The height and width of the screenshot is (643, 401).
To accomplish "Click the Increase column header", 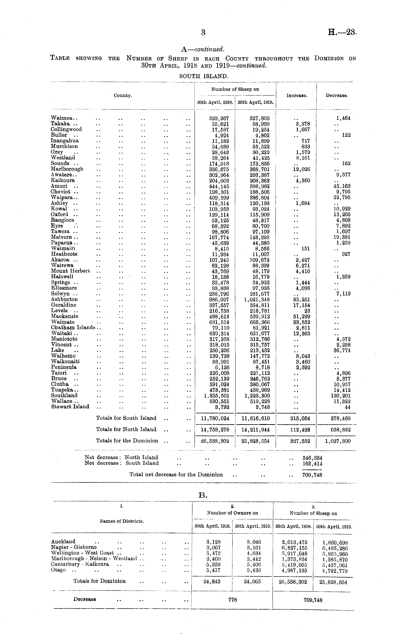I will [x=297, y=96].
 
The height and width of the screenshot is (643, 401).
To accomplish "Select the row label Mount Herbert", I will [x=70, y=271].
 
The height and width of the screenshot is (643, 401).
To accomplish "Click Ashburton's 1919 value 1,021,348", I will [x=257, y=300].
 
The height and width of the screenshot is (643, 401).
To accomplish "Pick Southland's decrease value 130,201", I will [x=342, y=396].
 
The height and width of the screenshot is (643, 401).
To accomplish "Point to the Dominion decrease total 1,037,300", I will [x=337, y=441].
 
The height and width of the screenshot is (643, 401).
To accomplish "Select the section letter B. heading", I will [x=203, y=495].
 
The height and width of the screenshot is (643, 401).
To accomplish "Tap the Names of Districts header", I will [x=122, y=521].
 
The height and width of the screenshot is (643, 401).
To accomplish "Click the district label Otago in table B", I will [x=58, y=570].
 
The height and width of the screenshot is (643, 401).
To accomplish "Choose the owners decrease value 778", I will [x=233, y=600].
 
